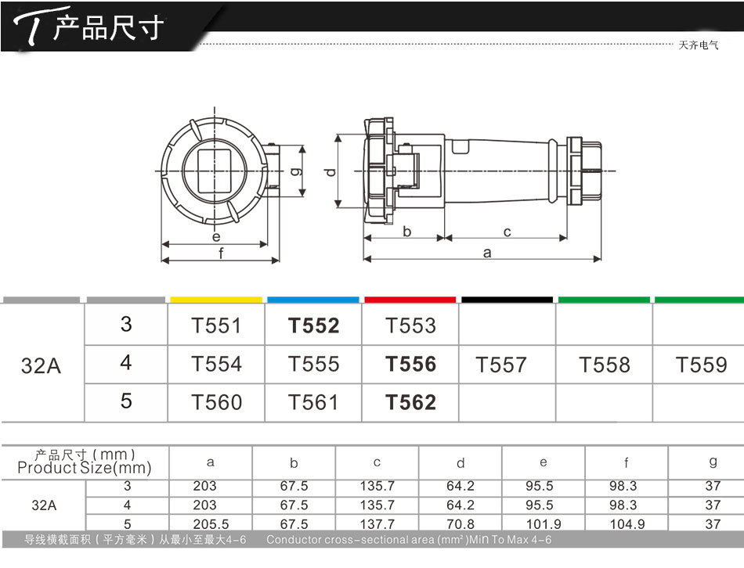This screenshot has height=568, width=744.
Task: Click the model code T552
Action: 313,325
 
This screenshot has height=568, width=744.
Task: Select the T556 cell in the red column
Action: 410,364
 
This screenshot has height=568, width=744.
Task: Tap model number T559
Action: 701,365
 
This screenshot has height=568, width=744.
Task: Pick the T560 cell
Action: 216,403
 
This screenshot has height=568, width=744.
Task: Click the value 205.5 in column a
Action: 211,524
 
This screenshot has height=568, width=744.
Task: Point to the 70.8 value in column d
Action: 460,524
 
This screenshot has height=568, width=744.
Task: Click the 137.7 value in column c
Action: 377,524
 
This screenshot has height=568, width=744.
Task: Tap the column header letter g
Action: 713,462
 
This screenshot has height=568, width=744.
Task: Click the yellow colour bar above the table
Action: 216,300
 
